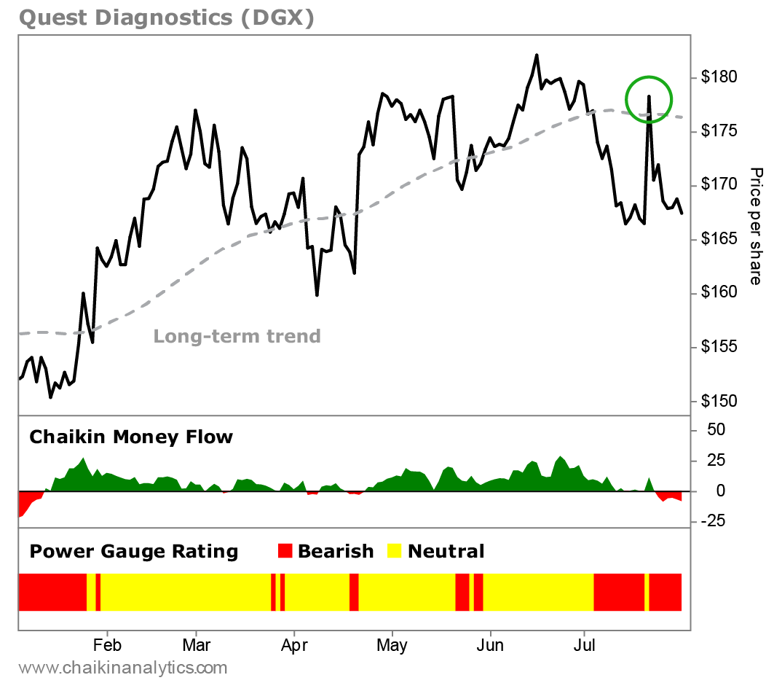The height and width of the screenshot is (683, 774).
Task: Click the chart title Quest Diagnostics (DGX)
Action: [167, 17]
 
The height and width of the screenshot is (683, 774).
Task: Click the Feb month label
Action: [107, 647]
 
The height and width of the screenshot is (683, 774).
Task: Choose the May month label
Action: [392, 647]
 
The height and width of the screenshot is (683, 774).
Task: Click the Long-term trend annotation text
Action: [237, 337]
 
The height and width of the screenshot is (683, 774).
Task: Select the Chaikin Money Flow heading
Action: [131, 437]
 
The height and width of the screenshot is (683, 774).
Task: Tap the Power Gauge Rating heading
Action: [134, 552]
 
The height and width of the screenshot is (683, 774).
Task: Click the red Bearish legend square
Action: [285, 551]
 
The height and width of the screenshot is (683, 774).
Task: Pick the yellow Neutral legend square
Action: [394, 551]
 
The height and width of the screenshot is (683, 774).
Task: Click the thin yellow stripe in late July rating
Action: [647, 592]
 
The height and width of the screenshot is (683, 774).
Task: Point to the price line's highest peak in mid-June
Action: [537, 55]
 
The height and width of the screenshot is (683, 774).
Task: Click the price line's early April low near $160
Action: [317, 294]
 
